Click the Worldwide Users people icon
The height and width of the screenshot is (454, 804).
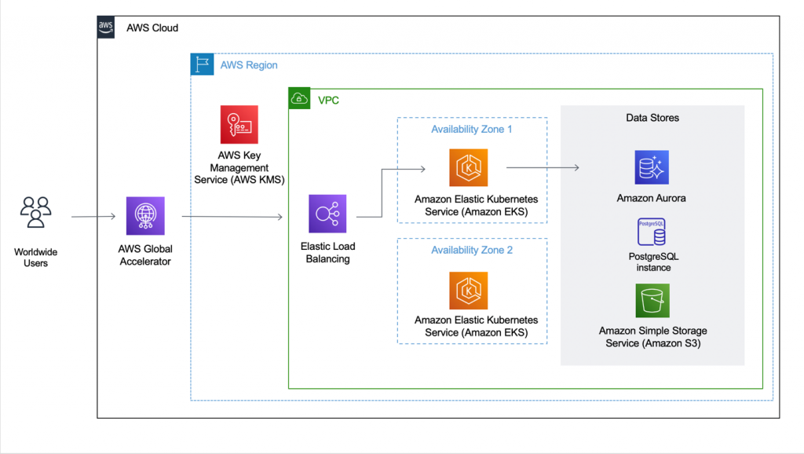[35, 213]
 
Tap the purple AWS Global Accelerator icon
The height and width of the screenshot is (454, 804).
[145, 216]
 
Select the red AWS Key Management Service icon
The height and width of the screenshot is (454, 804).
[239, 124]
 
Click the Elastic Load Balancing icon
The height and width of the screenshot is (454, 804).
[327, 214]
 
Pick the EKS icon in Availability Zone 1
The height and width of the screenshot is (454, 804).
[468, 168]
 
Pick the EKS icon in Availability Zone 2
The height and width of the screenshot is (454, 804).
[468, 291]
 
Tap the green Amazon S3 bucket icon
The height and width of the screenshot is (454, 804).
[651, 301]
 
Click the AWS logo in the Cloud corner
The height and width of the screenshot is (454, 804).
[106, 27]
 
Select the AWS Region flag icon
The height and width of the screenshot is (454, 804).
[202, 64]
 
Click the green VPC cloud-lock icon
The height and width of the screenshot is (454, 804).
[299, 99]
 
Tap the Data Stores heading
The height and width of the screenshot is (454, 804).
[652, 118]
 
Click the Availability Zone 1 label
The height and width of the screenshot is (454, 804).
[471, 129]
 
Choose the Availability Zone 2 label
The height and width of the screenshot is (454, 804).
[471, 250]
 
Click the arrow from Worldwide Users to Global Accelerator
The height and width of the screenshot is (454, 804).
[93, 216]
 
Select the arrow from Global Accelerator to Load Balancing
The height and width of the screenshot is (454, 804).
[232, 216]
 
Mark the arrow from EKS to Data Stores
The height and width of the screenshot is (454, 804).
[542, 167]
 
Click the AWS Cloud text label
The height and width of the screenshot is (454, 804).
[152, 28]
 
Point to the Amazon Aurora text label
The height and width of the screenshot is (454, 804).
[651, 199]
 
